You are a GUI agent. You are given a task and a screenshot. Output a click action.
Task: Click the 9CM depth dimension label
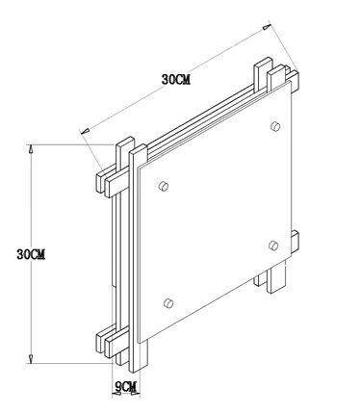[126, 386]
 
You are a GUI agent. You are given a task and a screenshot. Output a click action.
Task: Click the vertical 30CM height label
[31, 254]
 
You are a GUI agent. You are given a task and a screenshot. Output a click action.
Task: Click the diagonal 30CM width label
[176, 79]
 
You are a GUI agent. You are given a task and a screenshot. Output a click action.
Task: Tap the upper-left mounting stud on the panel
[164, 186]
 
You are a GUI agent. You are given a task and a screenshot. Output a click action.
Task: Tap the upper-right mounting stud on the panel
[275, 126]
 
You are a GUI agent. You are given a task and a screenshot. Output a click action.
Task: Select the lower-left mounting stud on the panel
[168, 303]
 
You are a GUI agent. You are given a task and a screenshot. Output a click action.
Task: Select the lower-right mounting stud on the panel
[273, 246]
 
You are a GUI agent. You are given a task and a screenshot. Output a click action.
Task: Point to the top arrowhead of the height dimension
[31, 148]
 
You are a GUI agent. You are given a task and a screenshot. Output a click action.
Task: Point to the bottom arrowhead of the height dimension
[31, 359]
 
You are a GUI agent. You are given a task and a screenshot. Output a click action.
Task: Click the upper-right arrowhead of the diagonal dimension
[267, 27]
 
